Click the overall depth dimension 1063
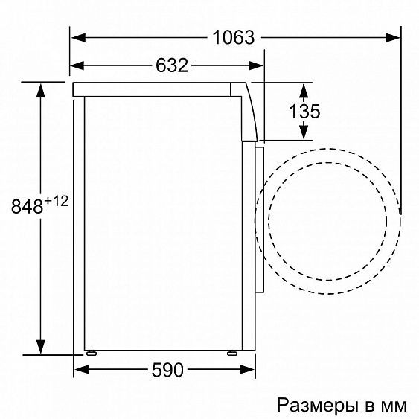point(233,37)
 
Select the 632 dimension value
point(171,65)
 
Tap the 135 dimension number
point(304,111)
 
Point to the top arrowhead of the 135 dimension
point(304,90)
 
